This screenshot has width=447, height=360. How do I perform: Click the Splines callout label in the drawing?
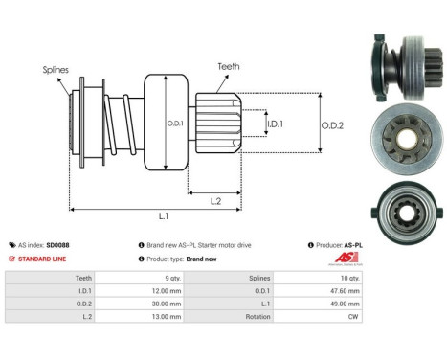56,70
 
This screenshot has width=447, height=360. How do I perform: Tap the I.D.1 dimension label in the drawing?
275,124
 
